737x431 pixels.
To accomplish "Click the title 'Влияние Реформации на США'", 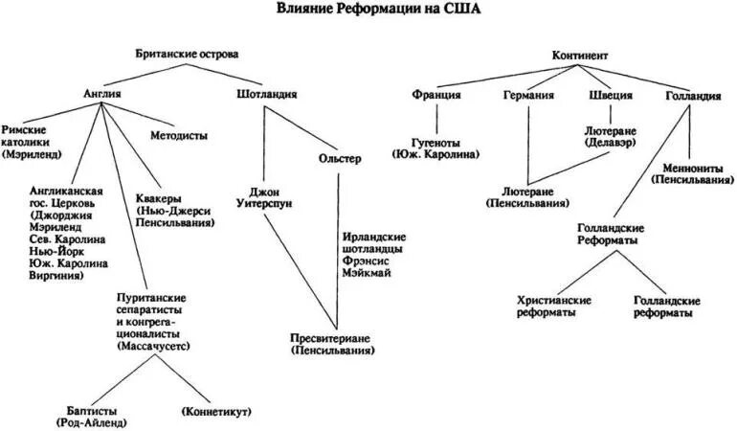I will coord(379,11).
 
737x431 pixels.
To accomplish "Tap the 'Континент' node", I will coord(579,57).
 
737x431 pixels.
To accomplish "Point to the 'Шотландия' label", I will coord(265,95).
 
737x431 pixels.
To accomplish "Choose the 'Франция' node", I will coord(436,96).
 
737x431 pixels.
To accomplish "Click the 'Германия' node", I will coord(528,96).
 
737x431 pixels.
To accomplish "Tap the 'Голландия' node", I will coord(693,96).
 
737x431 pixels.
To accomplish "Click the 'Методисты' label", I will coord(179,136).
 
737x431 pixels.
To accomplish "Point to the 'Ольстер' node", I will coord(339,159).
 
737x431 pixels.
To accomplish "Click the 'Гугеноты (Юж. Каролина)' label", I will coord(435,147).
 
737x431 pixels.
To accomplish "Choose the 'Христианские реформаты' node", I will coord(553,306).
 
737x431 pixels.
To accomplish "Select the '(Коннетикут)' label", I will coord(215,411).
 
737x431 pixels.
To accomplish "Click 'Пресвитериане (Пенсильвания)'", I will coord(335,345).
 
